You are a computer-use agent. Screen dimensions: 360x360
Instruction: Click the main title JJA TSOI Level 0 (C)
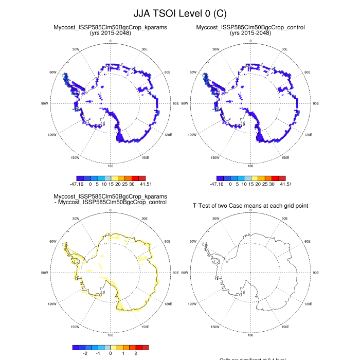(x=179, y=12)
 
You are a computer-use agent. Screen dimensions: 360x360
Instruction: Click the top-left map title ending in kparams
(x=110, y=27)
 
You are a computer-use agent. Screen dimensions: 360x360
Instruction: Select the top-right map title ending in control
(x=250, y=27)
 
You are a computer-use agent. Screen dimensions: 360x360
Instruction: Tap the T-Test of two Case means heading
(x=250, y=206)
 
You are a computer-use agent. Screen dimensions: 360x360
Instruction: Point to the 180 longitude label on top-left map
(x=110, y=166)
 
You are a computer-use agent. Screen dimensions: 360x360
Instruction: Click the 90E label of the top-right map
(x=315, y=103)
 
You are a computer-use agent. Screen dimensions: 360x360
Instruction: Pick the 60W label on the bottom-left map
(x=52, y=241)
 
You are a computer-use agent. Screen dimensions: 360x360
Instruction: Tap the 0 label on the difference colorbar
(x=110, y=354)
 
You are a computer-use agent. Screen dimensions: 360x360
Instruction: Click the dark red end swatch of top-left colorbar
(x=145, y=177)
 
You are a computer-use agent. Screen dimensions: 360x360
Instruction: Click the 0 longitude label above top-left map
(x=110, y=41)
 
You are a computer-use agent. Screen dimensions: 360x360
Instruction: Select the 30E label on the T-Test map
(x=285, y=218)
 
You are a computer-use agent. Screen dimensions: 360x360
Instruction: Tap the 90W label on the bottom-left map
(x=44, y=273)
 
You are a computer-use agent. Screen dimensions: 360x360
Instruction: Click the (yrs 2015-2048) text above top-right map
(x=250, y=33)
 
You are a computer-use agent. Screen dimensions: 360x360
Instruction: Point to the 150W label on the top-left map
(x=75, y=158)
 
